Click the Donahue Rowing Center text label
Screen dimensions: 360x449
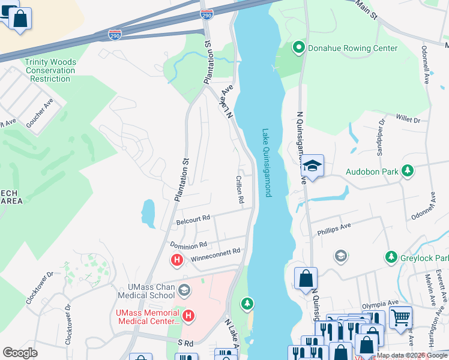[x=352, y=48]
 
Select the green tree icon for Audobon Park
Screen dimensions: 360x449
[x=408, y=171]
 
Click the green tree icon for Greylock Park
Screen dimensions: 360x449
[x=391, y=257]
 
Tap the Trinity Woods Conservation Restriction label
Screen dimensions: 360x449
[x=50, y=70]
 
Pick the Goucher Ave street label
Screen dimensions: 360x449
[x=40, y=113]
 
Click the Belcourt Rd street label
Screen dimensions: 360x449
[x=193, y=221]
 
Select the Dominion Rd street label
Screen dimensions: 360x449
[x=188, y=245]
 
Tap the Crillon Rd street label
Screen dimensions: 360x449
[x=239, y=189]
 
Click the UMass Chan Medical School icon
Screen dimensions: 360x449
[x=184, y=290]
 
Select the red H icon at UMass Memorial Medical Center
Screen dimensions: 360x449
[x=188, y=316]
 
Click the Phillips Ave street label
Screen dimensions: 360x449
[x=334, y=229]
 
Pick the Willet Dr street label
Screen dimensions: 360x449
[x=408, y=120]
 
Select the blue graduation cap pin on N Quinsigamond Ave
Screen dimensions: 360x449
[x=312, y=165]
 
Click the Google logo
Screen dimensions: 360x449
[x=20, y=353]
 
